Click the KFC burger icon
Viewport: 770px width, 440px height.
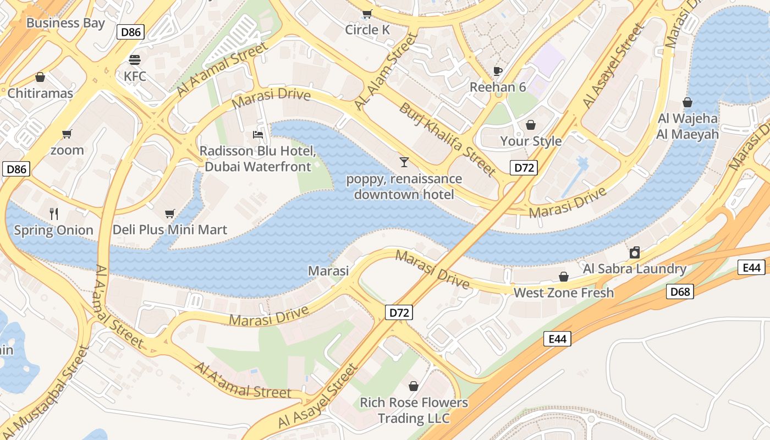135,59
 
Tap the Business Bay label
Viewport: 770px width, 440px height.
65,23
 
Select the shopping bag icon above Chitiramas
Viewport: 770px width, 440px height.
40,77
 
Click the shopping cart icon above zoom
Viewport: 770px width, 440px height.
67,134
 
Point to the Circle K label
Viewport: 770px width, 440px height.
367,30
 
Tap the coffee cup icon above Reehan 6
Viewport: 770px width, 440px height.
497,71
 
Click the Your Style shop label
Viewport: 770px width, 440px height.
531,141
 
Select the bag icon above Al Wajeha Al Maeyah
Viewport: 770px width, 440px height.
687,102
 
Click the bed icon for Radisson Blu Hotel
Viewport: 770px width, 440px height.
257,134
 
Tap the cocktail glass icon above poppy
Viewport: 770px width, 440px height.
404,162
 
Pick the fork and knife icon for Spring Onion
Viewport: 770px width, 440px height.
53,213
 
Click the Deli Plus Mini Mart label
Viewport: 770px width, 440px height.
169,229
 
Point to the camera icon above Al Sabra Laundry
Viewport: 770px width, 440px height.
635,252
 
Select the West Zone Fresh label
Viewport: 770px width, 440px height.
563,293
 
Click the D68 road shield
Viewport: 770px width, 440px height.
680,291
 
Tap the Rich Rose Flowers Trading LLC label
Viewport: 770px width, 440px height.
414,410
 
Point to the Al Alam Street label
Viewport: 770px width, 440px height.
386,71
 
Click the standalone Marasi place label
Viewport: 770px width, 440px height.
328,271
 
